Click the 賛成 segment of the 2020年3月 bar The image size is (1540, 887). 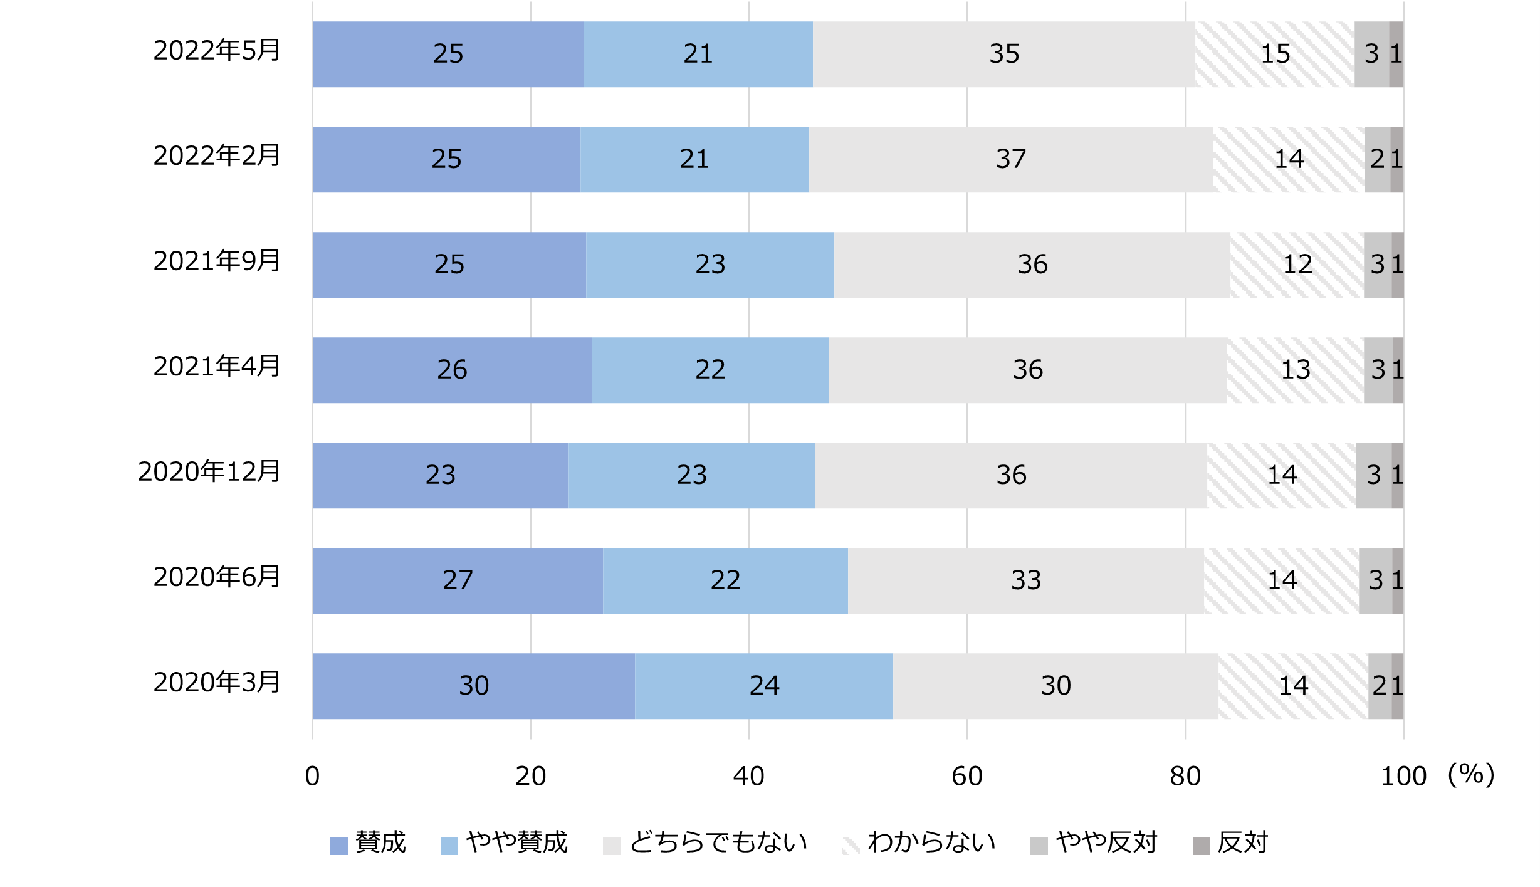click(x=473, y=686)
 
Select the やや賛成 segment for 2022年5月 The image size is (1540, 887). click(x=698, y=54)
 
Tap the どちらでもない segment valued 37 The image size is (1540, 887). click(x=1010, y=159)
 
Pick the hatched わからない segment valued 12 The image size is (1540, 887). click(x=1297, y=265)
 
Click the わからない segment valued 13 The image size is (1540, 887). click(x=1295, y=370)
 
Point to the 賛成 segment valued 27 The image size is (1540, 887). click(x=458, y=580)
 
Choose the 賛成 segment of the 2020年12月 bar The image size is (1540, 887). click(x=440, y=475)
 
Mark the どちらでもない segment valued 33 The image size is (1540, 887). click(x=1025, y=580)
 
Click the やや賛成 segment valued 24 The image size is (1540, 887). click(x=763, y=686)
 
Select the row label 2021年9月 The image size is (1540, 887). click(x=217, y=261)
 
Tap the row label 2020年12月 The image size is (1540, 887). click(x=209, y=472)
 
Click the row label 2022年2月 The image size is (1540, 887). click(x=217, y=156)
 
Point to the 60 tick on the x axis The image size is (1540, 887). click(x=966, y=777)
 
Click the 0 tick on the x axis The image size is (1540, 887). click(x=312, y=777)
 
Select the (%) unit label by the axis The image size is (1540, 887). click(x=1470, y=775)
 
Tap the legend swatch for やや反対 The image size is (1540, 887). click(x=1039, y=846)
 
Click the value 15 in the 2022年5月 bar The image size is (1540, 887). click(x=1275, y=54)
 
